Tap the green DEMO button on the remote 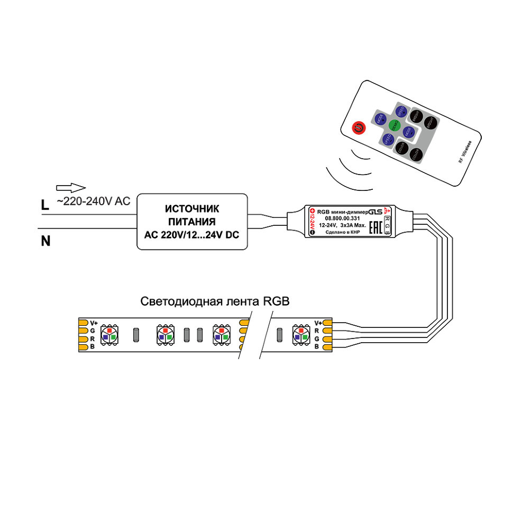tap(393, 125)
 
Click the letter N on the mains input tap(46, 242)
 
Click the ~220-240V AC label tap(93, 200)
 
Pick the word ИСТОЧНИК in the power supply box tap(191, 209)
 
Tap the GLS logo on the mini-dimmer tap(375, 210)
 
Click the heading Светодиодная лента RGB tap(215, 302)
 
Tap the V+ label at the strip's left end tap(94, 323)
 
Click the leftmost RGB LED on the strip tap(110, 334)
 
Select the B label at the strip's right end tap(316, 346)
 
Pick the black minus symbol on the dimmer tap(312, 233)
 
